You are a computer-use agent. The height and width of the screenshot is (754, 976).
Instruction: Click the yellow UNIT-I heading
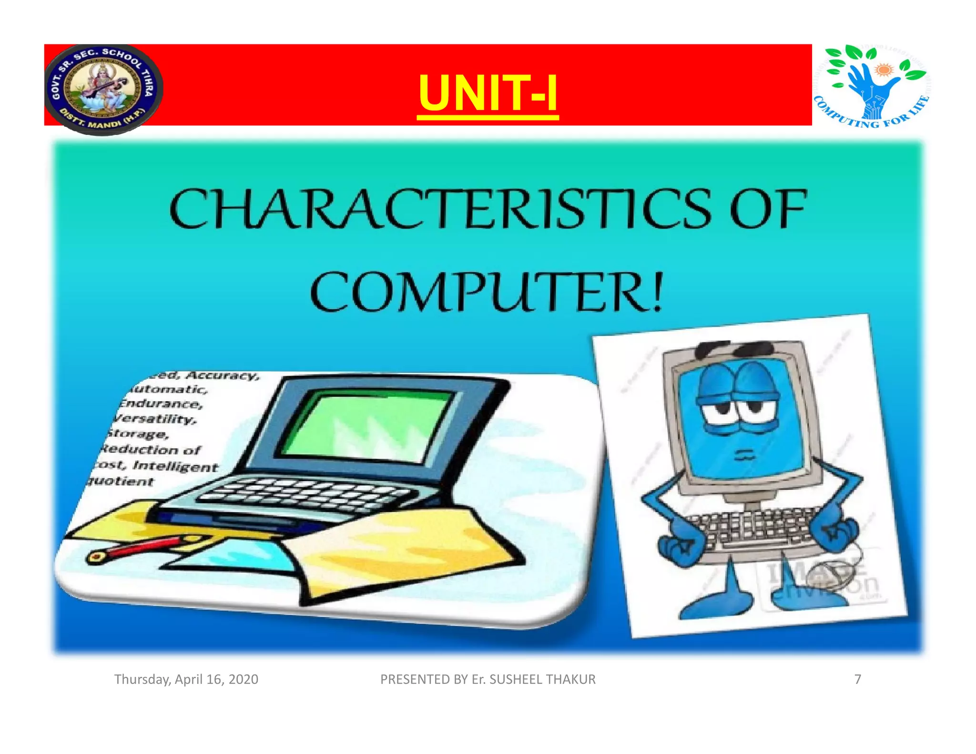[488, 93]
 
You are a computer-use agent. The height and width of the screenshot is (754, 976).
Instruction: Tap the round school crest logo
[103, 89]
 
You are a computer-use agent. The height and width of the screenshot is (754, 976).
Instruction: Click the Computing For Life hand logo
[872, 86]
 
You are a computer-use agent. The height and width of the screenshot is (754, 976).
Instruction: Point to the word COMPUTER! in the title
[486, 291]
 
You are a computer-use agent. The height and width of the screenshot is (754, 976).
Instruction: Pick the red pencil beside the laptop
[143, 548]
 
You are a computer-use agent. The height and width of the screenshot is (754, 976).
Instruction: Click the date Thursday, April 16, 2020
[186, 679]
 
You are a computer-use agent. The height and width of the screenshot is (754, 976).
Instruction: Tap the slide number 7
[857, 679]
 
